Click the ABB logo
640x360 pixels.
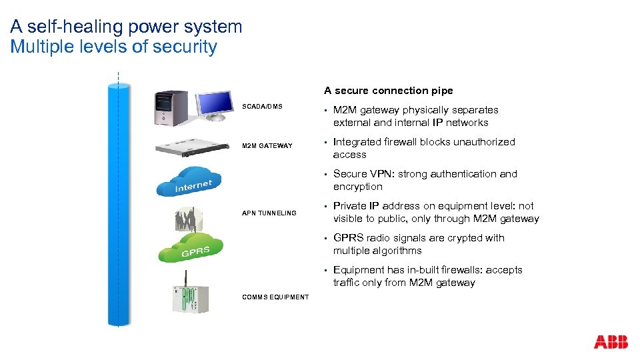point(611,342)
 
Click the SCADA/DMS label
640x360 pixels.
point(262,107)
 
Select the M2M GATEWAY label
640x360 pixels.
point(267,146)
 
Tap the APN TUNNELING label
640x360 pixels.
point(269,213)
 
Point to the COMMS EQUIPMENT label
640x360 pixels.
point(275,297)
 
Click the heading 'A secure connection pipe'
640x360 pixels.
point(388,91)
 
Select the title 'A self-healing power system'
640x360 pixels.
point(126,27)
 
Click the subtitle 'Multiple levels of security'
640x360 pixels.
point(113,47)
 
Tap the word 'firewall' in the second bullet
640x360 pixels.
point(403,142)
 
